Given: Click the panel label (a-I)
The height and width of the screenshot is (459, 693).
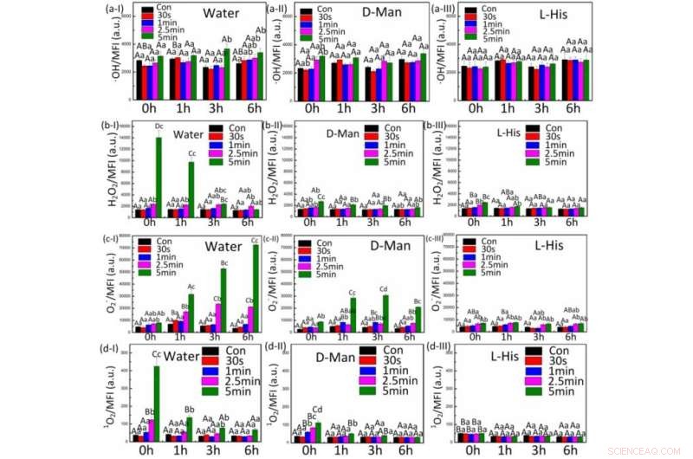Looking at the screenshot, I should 116,10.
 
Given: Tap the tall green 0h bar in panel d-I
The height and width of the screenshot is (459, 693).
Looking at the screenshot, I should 157,404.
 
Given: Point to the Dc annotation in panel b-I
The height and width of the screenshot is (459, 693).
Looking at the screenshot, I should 159,127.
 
